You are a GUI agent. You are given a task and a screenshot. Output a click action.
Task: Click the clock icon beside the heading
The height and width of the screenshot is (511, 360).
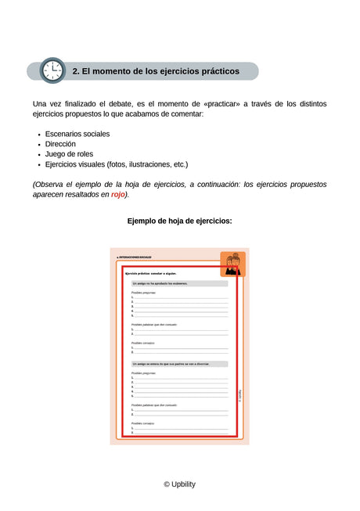[x=52, y=71]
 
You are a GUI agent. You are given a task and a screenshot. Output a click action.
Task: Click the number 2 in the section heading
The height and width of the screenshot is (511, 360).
[x=76, y=71]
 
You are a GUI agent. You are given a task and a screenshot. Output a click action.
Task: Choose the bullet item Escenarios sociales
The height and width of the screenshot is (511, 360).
[x=77, y=134]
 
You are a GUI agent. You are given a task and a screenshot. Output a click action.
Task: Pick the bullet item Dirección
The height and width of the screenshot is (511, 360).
[x=60, y=144]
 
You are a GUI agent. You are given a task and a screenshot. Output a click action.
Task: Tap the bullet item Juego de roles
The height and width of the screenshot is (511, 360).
[x=69, y=154]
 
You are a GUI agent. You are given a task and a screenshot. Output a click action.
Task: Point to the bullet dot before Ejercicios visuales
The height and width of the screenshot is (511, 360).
[x=39, y=165]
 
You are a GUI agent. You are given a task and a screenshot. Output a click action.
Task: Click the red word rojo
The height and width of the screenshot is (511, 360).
[x=118, y=194]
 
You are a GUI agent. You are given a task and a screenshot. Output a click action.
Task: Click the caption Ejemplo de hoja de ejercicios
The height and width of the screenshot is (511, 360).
[x=179, y=221]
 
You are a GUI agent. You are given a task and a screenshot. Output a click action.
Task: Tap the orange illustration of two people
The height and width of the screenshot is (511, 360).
[x=232, y=264]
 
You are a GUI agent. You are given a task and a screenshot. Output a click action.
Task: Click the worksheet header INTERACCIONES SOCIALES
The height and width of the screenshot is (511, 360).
[x=135, y=257]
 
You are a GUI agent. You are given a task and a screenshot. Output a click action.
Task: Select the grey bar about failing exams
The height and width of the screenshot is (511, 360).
[x=179, y=284]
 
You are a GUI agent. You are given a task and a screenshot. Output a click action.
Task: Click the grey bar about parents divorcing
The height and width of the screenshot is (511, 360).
[x=179, y=364]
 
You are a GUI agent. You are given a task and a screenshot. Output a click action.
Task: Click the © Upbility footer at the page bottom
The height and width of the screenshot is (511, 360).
[x=179, y=484]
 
